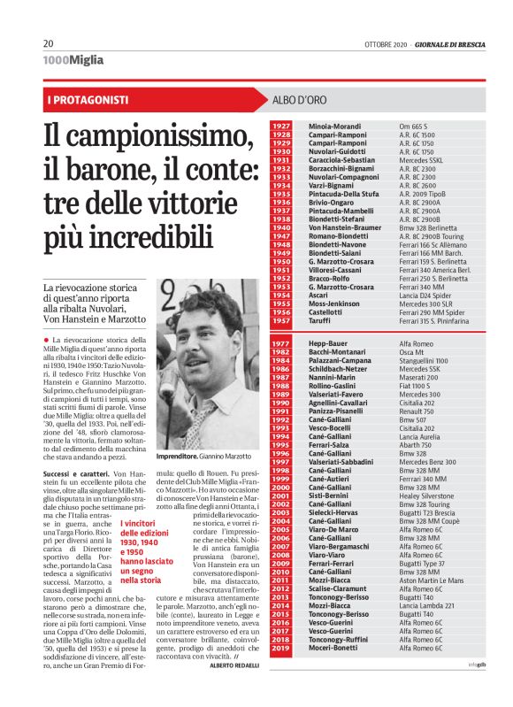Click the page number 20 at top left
pyautogui.click(x=48, y=45)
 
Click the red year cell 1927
pyautogui.click(x=281, y=127)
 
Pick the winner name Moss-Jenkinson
pyautogui.click(x=335, y=304)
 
